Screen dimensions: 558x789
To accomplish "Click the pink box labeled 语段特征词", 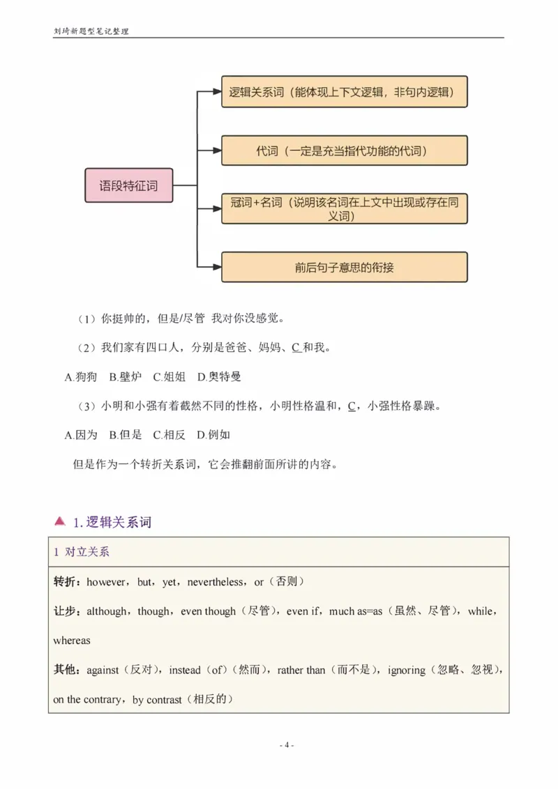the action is [x=128, y=185].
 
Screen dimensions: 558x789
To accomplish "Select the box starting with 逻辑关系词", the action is [x=345, y=91].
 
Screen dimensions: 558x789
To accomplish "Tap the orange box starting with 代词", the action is [x=345, y=151].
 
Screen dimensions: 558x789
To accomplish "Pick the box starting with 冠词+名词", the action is [x=345, y=208].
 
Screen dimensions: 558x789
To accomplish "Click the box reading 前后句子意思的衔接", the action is [x=345, y=267].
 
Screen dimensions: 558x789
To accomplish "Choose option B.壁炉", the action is [x=126, y=377].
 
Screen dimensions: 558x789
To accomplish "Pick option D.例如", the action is [x=213, y=435].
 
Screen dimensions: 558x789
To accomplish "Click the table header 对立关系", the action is [x=87, y=552].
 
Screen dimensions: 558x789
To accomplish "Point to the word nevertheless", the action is [x=216, y=581].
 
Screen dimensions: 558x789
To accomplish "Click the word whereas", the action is [x=72, y=640].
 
